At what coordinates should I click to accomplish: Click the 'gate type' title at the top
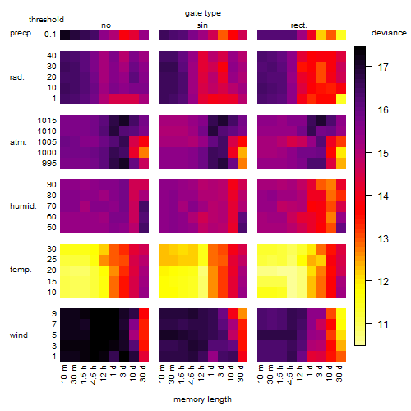[203, 13]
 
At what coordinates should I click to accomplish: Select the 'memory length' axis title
[202, 399]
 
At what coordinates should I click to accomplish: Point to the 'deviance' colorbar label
[389, 33]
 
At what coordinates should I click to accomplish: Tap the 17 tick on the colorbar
[383, 67]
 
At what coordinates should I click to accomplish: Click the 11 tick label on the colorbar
[383, 325]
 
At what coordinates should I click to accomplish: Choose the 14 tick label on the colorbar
[383, 196]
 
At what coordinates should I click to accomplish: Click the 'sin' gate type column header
[202, 25]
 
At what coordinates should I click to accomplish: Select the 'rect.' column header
[299, 25]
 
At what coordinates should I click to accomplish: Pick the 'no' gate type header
[106, 25]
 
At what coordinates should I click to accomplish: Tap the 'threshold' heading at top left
[46, 20]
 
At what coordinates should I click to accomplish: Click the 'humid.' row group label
[23, 206]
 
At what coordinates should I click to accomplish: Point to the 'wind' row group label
[19, 335]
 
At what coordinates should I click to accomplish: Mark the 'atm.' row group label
[18, 142]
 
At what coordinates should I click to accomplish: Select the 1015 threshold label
[47, 121]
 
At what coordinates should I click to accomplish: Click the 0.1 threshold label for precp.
[50, 35]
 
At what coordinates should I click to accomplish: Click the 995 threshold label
[49, 164]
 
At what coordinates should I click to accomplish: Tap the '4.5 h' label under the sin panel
[192, 375]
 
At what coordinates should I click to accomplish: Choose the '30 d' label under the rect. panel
[339, 373]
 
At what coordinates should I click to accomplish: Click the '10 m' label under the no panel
[63, 374]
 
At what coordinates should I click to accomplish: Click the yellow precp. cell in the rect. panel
[341, 35]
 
